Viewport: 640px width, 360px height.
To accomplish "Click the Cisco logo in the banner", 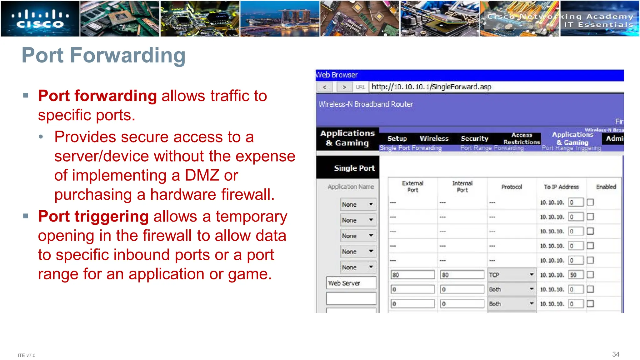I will [x=40, y=19].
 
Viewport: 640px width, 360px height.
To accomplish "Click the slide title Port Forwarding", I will [x=103, y=55].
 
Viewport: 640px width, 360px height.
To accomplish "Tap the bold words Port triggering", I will [x=93, y=216].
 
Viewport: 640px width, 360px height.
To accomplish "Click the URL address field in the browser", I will [x=495, y=87].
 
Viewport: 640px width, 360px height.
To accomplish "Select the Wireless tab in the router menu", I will [x=434, y=138].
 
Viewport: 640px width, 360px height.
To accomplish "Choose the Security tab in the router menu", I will [x=474, y=138].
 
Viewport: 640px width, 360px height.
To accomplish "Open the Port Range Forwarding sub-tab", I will [x=492, y=148].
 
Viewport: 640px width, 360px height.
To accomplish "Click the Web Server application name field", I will [x=351, y=283].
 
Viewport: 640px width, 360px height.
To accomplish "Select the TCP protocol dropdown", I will [x=511, y=275].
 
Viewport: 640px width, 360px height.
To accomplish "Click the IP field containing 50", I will [x=575, y=275].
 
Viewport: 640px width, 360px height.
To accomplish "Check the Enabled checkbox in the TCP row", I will [x=590, y=275].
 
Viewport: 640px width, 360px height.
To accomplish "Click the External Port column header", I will [x=412, y=187].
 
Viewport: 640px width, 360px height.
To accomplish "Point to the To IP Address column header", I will [x=561, y=187].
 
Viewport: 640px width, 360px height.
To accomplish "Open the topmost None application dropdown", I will [x=357, y=204].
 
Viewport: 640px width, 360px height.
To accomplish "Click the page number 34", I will [x=615, y=354].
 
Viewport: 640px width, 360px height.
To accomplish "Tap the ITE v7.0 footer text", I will [x=27, y=355].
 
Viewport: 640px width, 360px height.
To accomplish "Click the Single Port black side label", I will [x=354, y=168].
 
